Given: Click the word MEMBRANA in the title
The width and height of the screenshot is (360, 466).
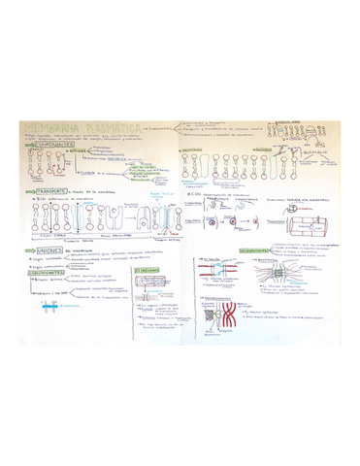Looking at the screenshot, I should pos(49,127).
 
